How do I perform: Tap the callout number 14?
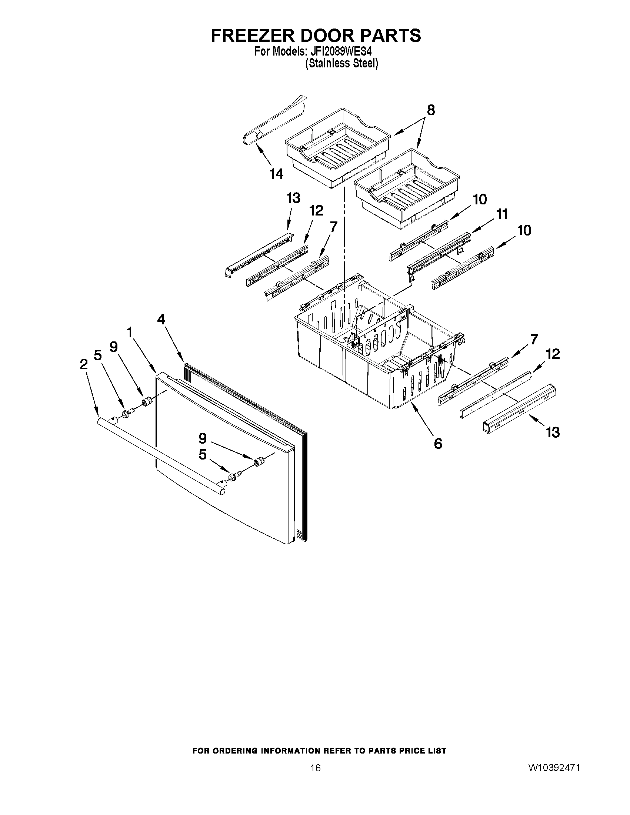pos(277,174)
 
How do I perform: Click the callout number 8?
pos(431,110)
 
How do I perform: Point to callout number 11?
pos(502,214)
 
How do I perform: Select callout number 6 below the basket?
pos(438,444)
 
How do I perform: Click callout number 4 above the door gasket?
pos(161,320)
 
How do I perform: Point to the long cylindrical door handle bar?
pos(160,455)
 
